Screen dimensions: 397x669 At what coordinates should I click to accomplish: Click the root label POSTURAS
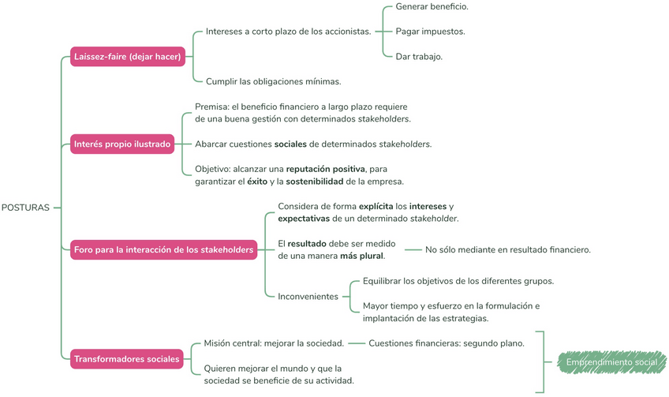(26, 208)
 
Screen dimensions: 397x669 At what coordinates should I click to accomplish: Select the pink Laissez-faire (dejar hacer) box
(127, 57)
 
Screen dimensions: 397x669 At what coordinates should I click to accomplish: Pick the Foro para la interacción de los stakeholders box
(163, 250)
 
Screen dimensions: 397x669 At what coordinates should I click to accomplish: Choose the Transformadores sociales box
(127, 359)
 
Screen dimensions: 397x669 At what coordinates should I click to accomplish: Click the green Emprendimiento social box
(611, 363)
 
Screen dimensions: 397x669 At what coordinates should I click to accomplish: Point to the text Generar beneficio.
(432, 6)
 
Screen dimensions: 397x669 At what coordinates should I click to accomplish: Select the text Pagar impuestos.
(430, 32)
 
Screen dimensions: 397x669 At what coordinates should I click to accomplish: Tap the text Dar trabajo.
(419, 57)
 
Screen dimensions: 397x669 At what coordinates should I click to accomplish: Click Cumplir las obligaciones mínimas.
(273, 81)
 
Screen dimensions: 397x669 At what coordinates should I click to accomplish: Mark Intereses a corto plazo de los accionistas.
(288, 32)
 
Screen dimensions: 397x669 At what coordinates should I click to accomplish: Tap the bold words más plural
(361, 256)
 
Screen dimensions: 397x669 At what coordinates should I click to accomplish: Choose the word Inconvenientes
(308, 297)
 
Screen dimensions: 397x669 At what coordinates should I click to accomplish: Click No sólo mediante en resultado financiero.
(508, 250)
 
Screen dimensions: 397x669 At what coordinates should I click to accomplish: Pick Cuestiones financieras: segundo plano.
(446, 343)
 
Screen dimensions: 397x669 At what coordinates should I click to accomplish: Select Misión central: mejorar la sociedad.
(274, 343)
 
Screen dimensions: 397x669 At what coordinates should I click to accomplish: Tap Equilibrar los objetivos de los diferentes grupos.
(458, 282)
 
